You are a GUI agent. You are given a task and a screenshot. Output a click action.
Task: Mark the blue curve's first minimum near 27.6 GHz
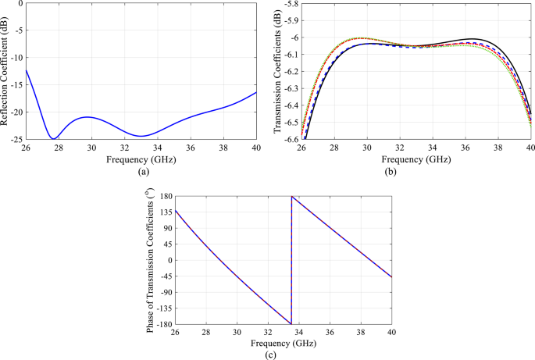[53, 138]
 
